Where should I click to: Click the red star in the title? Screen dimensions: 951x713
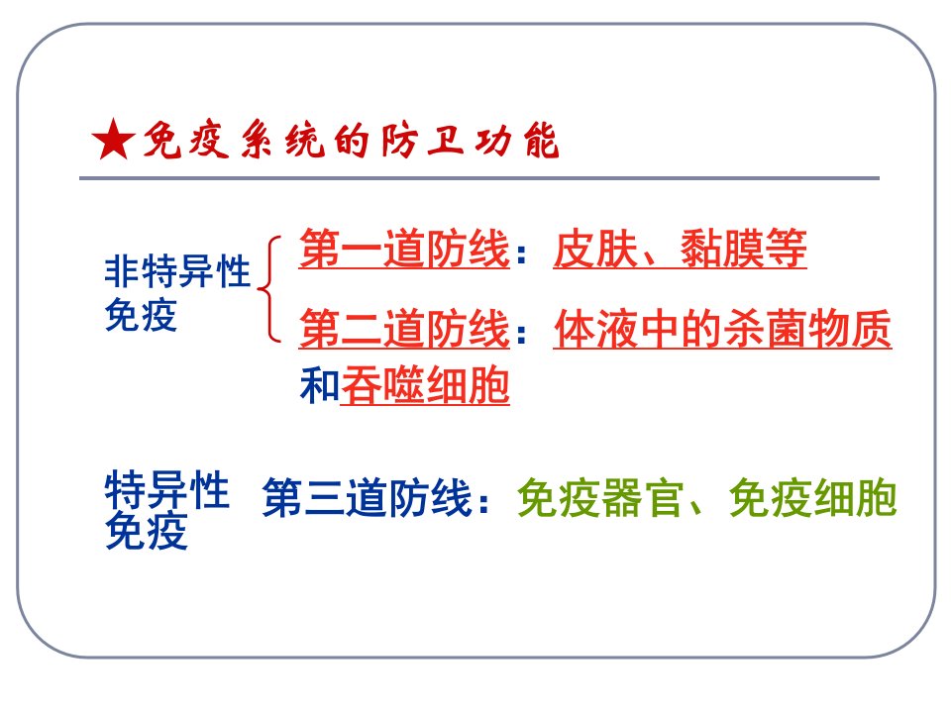tap(113, 140)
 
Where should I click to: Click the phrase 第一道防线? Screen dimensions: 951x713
tap(404, 249)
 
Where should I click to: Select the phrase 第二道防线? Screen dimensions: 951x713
tap(404, 329)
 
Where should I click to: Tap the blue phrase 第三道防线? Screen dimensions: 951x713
tap(367, 498)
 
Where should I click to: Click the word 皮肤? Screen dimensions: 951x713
tap(595, 249)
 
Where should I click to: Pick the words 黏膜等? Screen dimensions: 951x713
tap(743, 249)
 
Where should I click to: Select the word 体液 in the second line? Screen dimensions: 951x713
tap(596, 329)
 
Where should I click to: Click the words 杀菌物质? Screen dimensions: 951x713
tap(807, 329)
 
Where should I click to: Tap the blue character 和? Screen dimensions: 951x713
tap(320, 385)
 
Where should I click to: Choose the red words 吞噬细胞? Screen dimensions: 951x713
tap(425, 385)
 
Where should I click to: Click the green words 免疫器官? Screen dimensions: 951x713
tap(600, 498)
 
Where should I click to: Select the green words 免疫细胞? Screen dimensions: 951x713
tap(812, 498)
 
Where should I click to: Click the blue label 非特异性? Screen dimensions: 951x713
tap(177, 271)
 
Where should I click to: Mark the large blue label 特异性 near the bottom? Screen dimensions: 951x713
tap(166, 490)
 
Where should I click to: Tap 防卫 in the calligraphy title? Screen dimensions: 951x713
tap(423, 141)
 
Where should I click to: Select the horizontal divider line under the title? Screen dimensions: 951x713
tap(479, 178)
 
